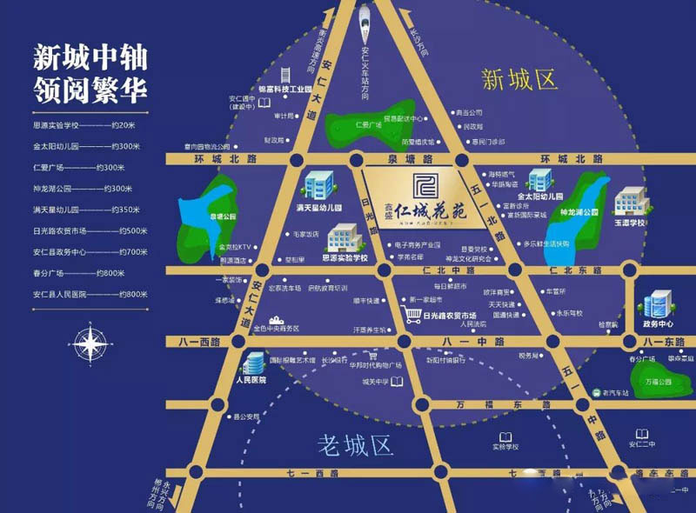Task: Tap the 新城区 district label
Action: coord(519,80)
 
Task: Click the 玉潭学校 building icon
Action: coord(629,203)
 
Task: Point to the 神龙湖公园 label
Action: coord(579,212)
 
